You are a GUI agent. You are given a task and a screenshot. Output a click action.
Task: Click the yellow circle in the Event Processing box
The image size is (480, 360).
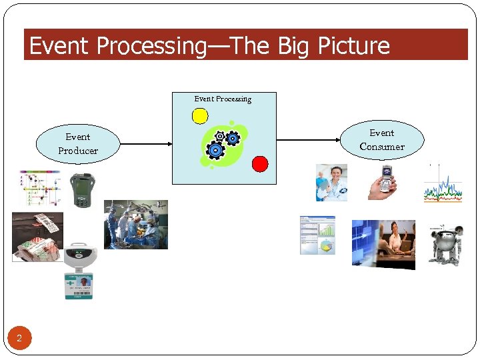[200, 116]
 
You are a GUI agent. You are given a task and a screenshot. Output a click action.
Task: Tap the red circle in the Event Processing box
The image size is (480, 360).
[260, 163]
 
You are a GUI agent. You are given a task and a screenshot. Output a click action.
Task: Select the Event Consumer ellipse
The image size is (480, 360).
[382, 140]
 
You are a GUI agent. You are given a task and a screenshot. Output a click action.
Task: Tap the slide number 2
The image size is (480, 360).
[19, 339]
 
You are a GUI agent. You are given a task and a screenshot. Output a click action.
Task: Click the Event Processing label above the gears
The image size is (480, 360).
[223, 99]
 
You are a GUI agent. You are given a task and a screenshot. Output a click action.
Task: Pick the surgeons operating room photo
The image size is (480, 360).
[135, 225]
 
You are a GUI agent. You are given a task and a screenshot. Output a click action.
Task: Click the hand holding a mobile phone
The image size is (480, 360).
[382, 182]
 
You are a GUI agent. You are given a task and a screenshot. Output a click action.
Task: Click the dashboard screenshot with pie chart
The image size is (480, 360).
[317, 235]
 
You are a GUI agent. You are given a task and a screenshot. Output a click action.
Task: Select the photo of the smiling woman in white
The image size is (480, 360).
[331, 183]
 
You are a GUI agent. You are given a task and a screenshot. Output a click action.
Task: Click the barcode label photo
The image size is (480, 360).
[38, 235]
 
